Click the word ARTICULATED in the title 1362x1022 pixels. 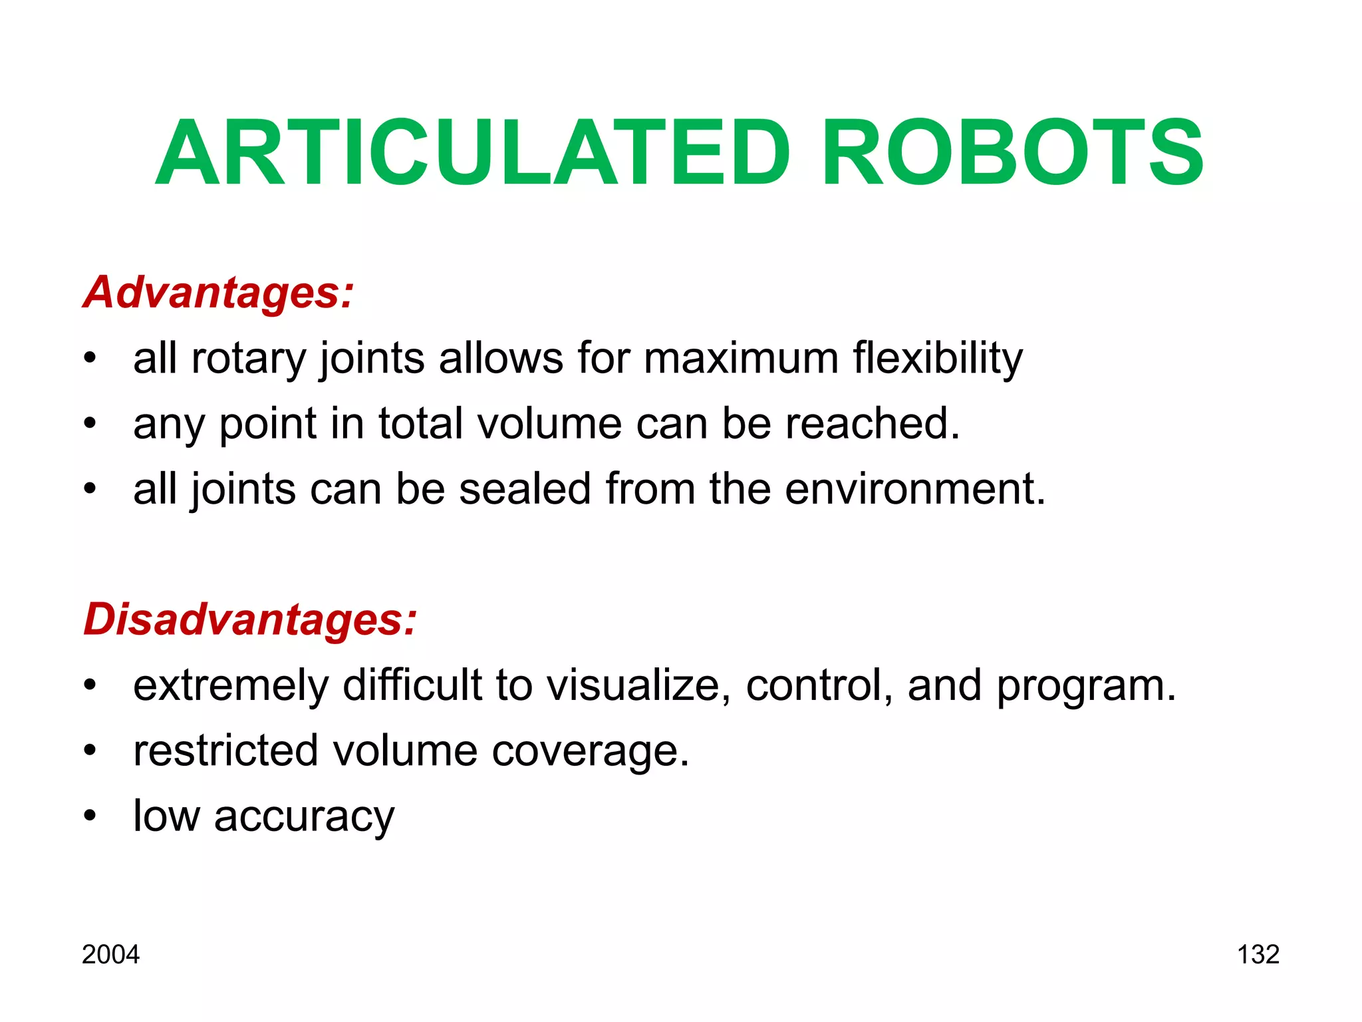click(x=472, y=153)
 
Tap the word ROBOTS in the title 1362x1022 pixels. click(x=1012, y=153)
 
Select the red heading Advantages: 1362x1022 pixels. click(x=218, y=293)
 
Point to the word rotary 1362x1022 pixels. click(x=248, y=359)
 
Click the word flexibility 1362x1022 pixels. click(x=938, y=359)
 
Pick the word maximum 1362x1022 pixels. click(x=741, y=358)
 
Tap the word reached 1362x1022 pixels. click(x=873, y=423)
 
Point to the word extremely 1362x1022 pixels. click(x=231, y=686)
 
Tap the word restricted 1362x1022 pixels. click(x=225, y=751)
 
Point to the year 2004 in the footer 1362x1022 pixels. click(x=110, y=955)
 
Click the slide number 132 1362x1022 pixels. click(x=1258, y=955)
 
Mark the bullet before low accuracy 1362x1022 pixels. click(x=90, y=816)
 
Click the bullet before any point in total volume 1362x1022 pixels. click(x=90, y=423)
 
